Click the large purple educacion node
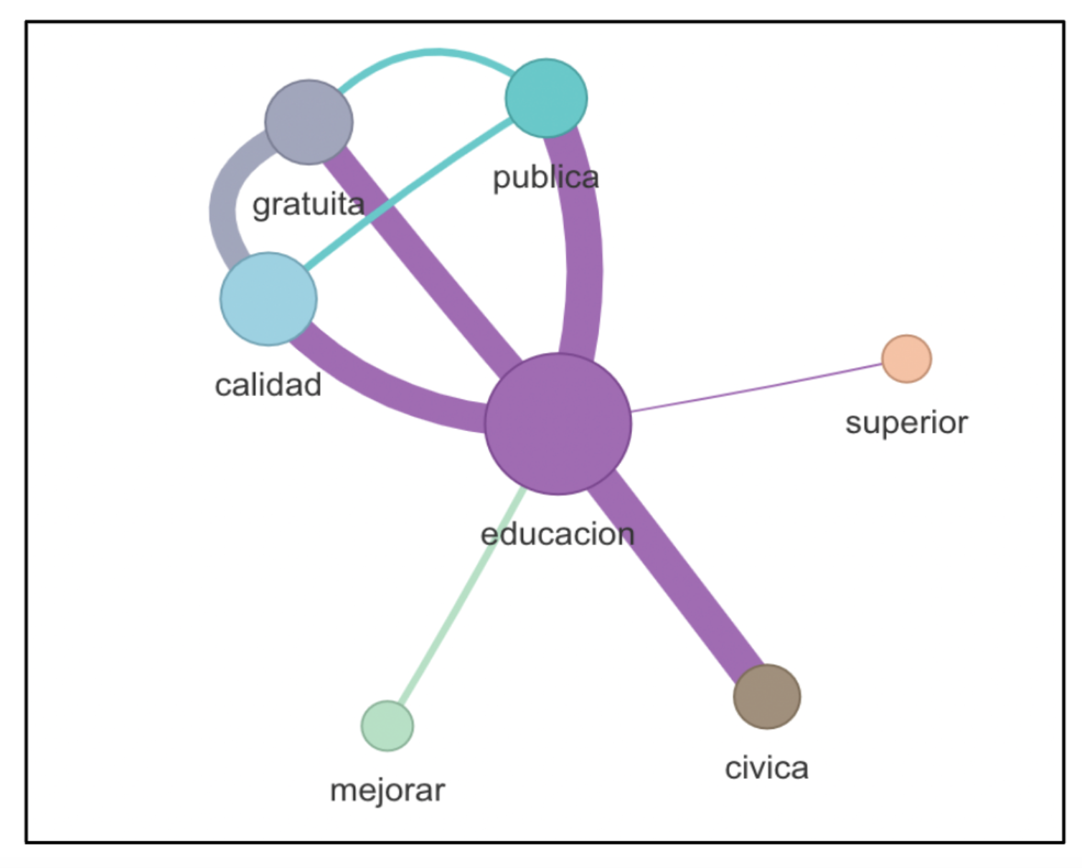click(x=558, y=423)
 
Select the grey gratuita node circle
click(x=309, y=122)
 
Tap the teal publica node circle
click(x=546, y=98)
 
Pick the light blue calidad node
click(x=268, y=298)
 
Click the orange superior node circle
click(x=906, y=359)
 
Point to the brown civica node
click(x=766, y=697)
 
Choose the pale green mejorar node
click(x=387, y=725)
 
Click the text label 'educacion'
click(x=558, y=534)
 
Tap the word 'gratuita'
click(x=309, y=205)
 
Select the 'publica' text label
click(x=545, y=178)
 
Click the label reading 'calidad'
click(x=268, y=385)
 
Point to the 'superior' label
click(x=906, y=423)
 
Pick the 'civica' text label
click(x=766, y=768)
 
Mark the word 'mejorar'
click(x=387, y=791)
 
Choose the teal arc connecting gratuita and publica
click(x=431, y=52)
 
